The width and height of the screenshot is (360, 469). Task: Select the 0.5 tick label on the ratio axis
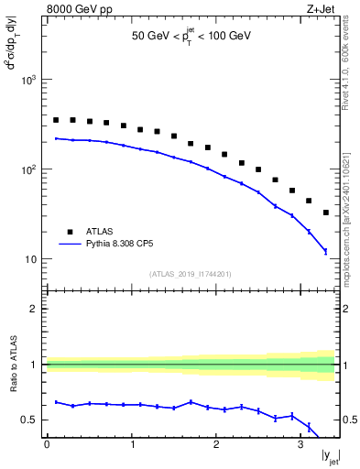point(29,420)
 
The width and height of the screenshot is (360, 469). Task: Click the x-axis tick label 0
point(47,444)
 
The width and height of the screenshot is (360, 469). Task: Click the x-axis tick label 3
point(300,444)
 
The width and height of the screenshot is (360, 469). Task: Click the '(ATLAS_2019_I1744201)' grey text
point(191,274)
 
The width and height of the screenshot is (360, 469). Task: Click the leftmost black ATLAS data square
point(56,120)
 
